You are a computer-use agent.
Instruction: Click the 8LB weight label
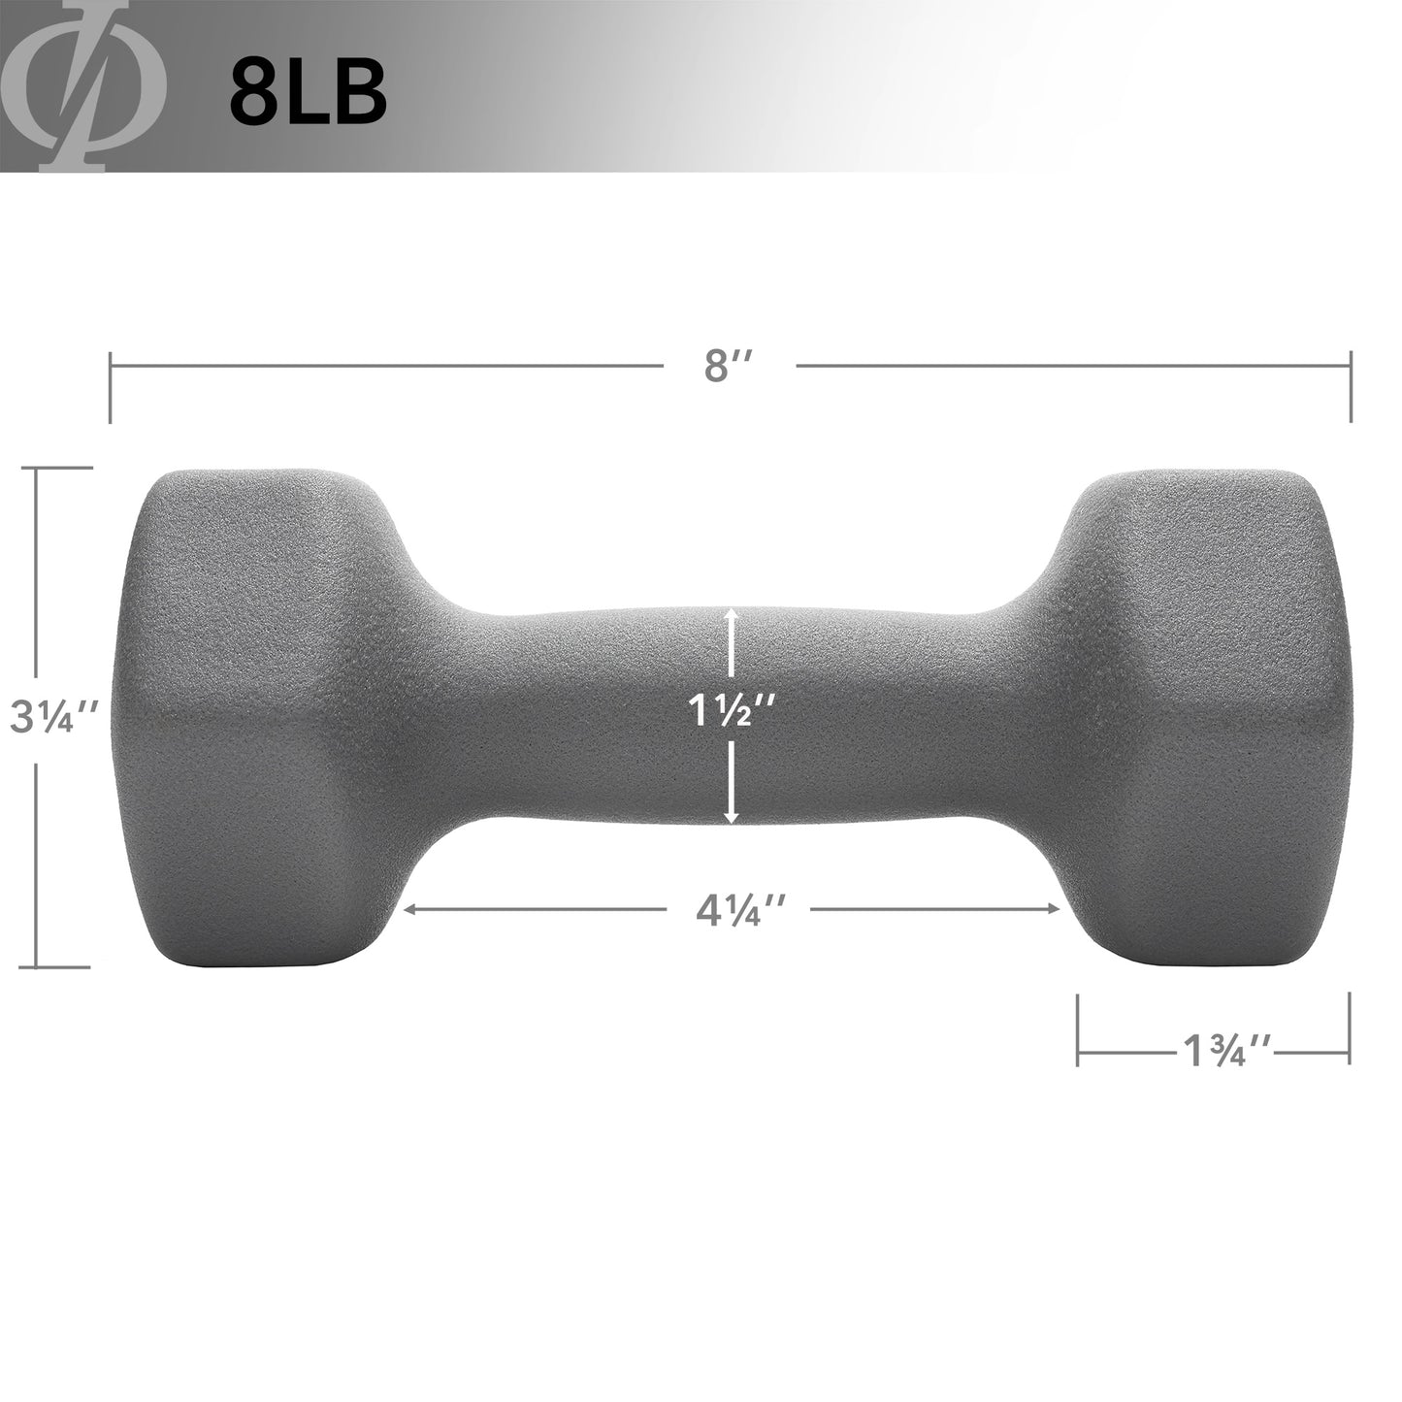click(x=308, y=92)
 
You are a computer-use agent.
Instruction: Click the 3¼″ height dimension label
click(x=53, y=717)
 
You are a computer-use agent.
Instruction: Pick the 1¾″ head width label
click(x=1226, y=1052)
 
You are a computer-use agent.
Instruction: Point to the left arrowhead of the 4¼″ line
click(x=411, y=910)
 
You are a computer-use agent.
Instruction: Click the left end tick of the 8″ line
click(x=111, y=387)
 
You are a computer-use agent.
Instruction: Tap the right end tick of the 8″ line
click(x=1351, y=387)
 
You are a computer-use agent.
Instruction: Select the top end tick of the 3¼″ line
click(x=62, y=468)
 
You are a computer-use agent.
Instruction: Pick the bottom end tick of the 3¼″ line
click(x=62, y=967)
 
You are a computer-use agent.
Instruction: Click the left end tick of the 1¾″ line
click(x=1078, y=1029)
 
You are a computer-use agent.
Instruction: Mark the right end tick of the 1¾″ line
click(x=1350, y=1029)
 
